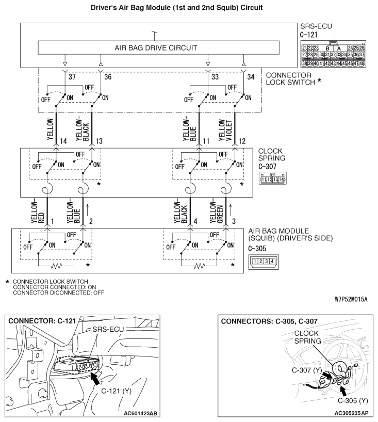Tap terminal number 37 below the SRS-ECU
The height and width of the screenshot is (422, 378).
click(x=72, y=77)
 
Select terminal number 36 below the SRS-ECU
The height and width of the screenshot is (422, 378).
click(x=108, y=77)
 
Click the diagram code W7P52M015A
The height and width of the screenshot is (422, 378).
click(x=350, y=299)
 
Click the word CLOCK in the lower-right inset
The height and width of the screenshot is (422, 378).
click(x=307, y=333)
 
